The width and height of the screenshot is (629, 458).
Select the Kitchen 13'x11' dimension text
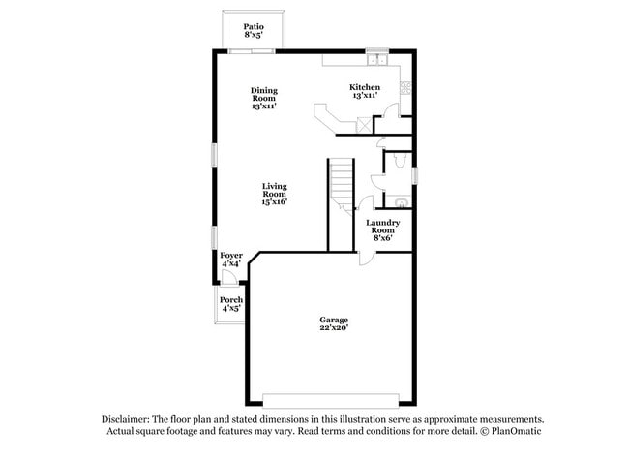tap(365, 96)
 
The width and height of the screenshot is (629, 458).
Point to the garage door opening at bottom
tap(331, 400)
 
